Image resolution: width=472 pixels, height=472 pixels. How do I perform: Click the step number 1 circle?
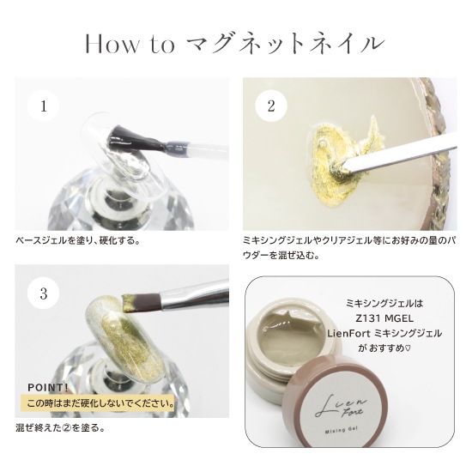[44, 106]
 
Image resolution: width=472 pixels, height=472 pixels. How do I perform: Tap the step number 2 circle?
[271, 106]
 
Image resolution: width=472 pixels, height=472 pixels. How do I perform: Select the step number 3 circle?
[44, 293]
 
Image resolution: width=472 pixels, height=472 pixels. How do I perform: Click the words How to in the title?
[130, 45]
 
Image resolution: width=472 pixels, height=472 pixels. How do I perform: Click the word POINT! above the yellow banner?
[48, 388]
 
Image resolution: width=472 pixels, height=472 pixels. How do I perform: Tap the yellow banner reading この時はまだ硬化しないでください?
[99, 402]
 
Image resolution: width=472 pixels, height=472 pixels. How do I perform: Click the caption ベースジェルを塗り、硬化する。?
[77, 241]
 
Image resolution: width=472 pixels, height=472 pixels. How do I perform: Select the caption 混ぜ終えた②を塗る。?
[60, 427]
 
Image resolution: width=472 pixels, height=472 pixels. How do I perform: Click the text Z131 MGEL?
[384, 318]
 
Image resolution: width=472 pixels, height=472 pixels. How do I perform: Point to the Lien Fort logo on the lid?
[340, 407]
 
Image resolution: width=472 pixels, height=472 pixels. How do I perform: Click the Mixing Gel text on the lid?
[341, 430]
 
